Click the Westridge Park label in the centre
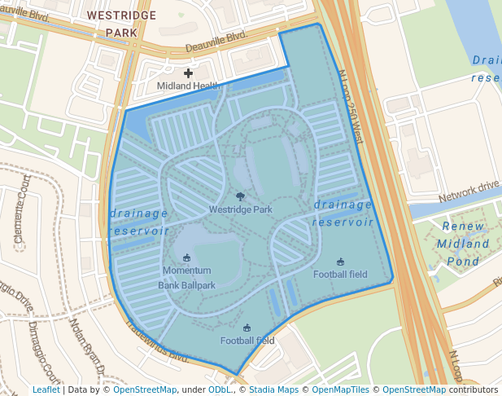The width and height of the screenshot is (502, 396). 240,209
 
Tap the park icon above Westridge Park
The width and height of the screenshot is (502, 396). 240,196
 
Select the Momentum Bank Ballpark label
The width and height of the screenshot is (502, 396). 187,278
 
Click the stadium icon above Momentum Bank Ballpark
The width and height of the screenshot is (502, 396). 187,258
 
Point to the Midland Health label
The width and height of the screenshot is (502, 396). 188,86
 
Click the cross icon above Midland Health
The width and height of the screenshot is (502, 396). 188,73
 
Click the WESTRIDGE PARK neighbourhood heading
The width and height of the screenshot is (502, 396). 121,24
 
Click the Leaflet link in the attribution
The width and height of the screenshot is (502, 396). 46,390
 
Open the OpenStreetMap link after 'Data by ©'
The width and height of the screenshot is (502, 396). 145,390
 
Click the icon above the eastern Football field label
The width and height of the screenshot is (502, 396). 340,262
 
